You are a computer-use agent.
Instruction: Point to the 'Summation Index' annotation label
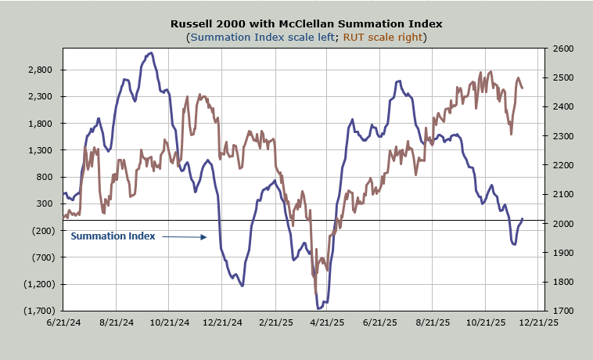(x=113, y=236)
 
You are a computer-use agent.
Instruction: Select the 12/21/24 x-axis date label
(x=221, y=322)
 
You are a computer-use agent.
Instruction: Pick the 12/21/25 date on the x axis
(x=540, y=322)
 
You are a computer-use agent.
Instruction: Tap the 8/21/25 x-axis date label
(x=433, y=322)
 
